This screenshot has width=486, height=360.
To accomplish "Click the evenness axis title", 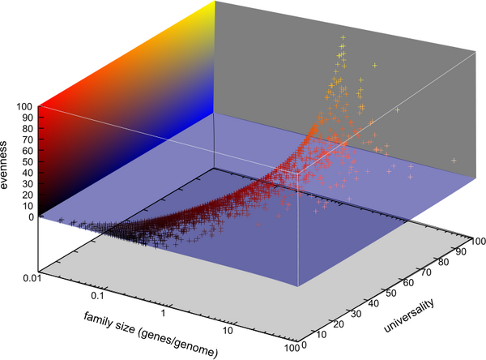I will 7,161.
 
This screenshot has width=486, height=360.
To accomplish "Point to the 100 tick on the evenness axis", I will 22,106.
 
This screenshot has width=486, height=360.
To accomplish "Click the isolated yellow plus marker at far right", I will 454,161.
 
